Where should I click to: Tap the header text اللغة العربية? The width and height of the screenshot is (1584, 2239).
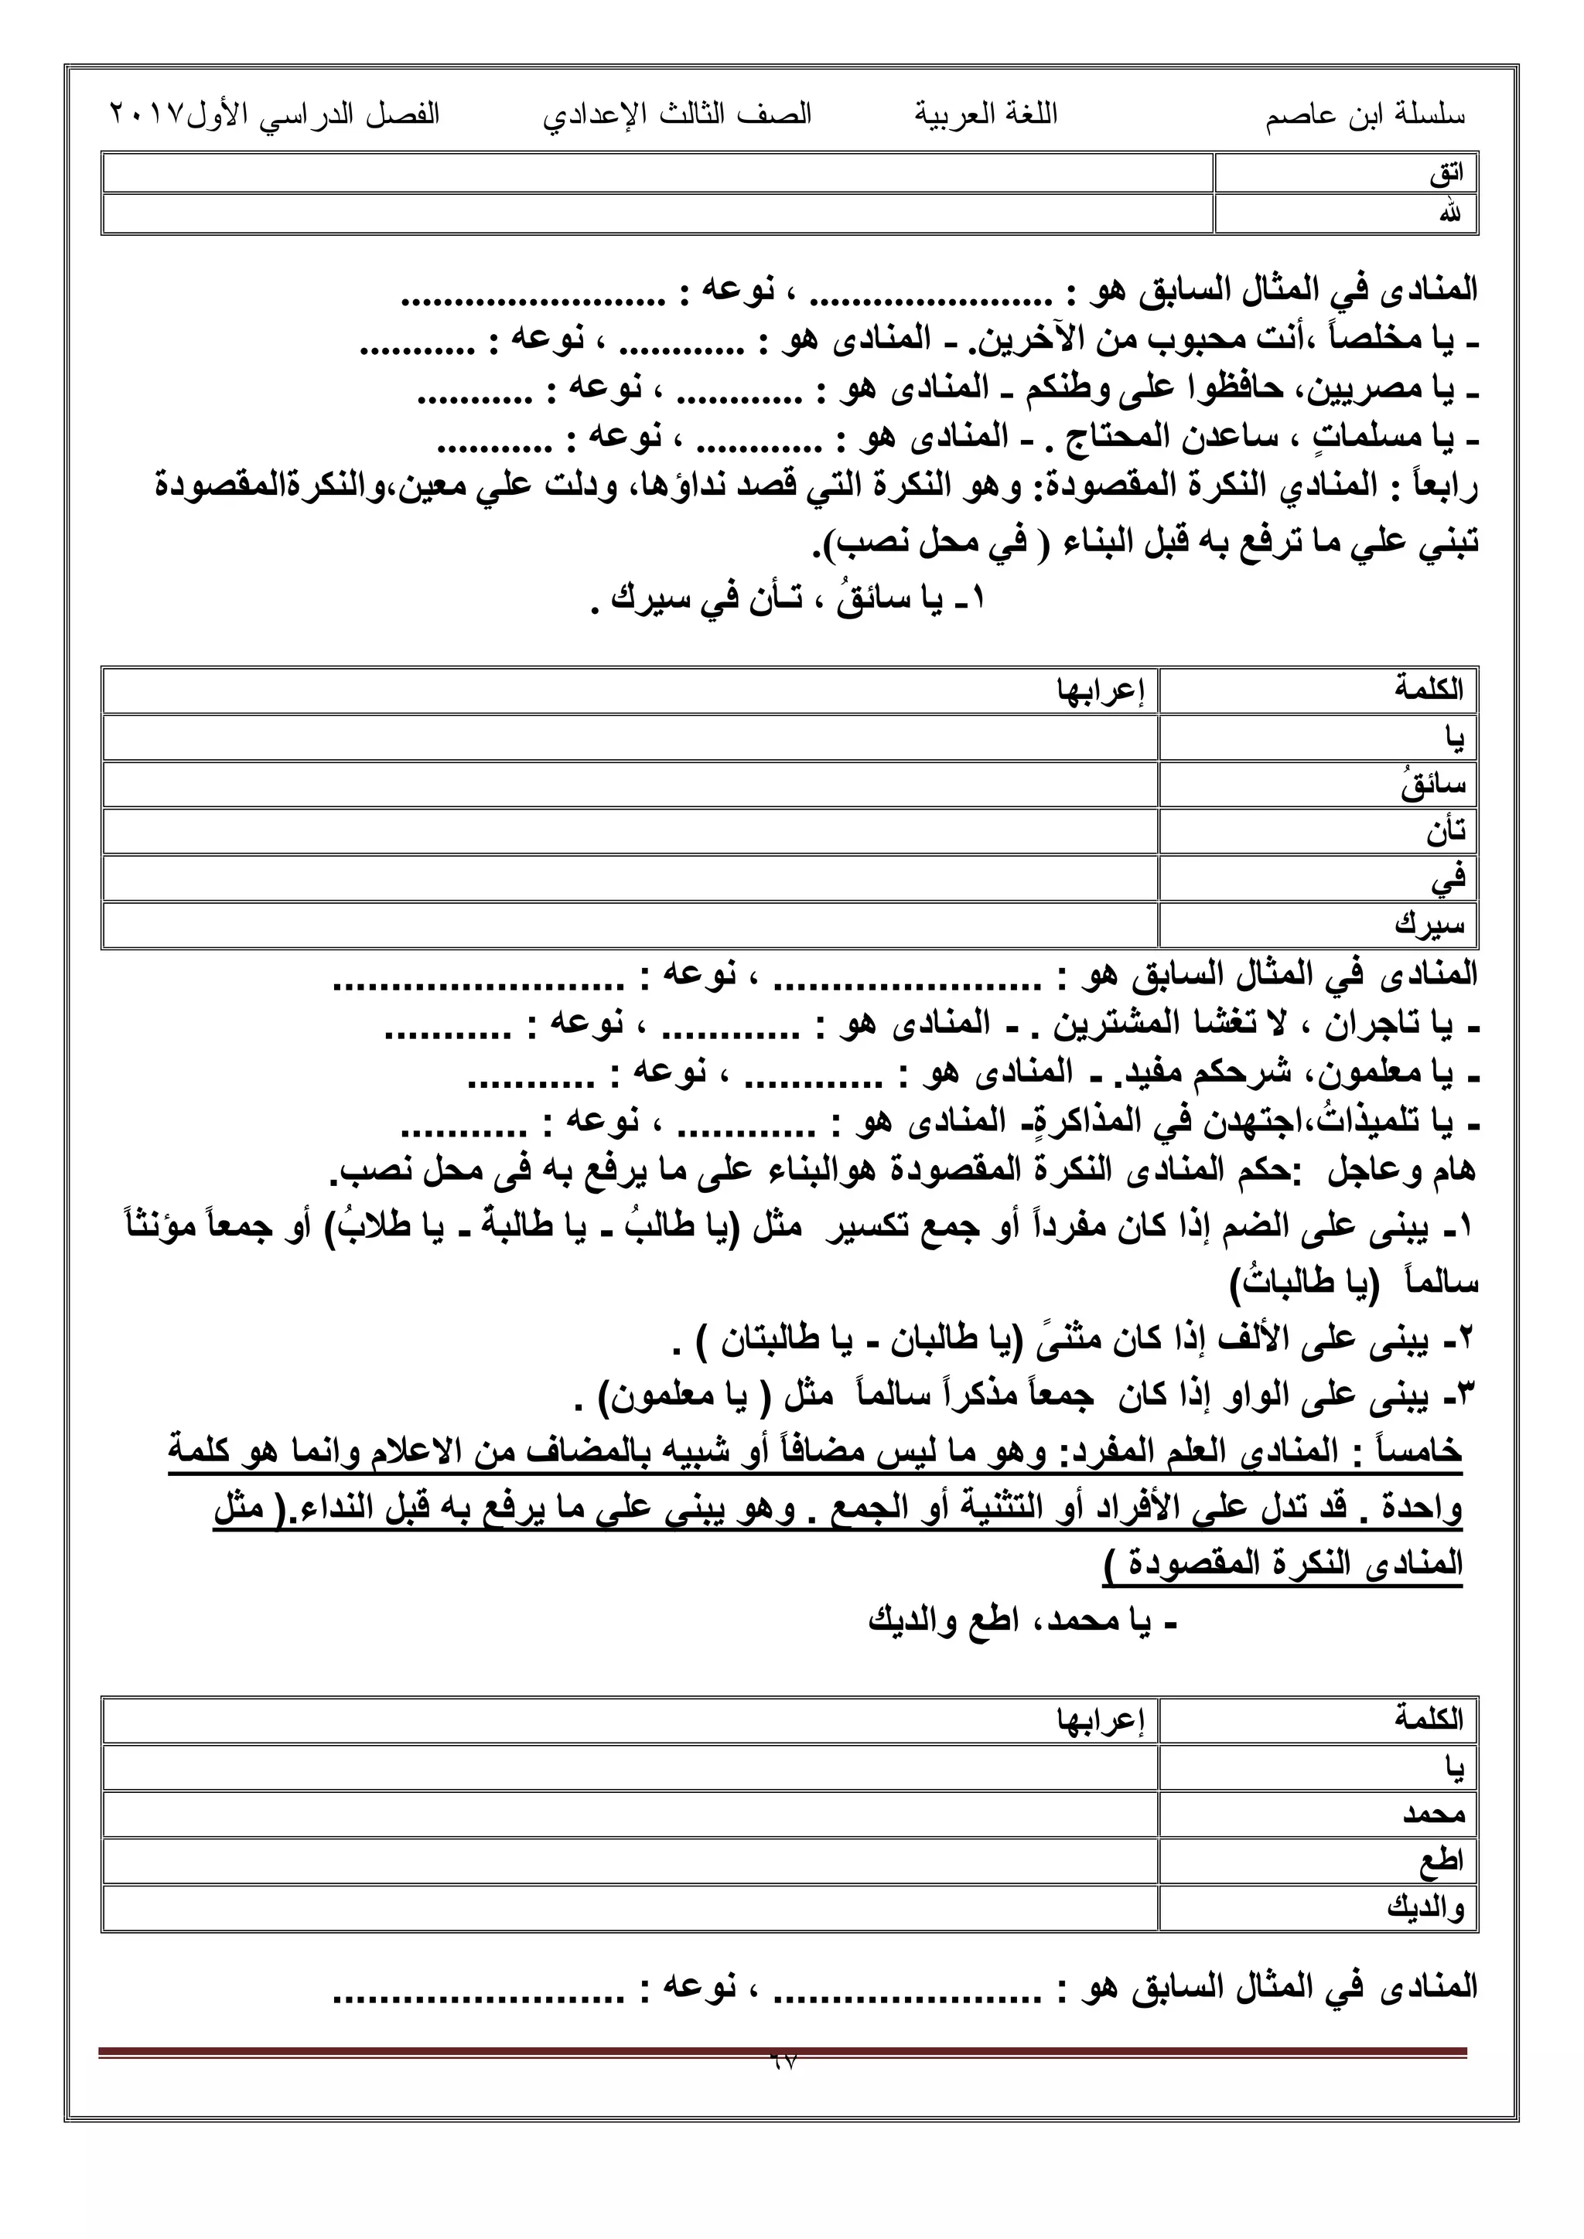(x=985, y=115)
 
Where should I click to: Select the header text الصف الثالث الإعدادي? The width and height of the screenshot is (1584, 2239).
(x=677, y=116)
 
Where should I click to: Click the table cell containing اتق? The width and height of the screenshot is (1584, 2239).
(x=1446, y=174)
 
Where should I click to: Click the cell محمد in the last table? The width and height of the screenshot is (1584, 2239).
(x=1434, y=1814)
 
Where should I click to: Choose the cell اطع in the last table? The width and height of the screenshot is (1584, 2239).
(x=1442, y=1861)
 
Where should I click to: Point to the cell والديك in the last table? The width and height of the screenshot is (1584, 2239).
(x=1426, y=1907)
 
